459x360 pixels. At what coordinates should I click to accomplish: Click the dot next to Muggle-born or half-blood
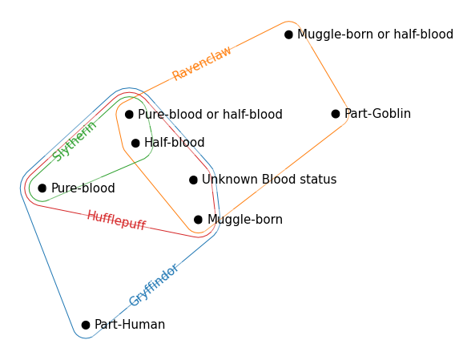pos(288,34)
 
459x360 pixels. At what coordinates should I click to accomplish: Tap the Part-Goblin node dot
pos(336,114)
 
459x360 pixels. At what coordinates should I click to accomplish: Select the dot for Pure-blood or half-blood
pos(129,115)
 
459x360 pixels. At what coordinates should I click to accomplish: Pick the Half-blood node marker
pos(135,144)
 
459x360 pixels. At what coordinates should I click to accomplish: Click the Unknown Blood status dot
pos(193,180)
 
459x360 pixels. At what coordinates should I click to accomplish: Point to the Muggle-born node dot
pos(198,220)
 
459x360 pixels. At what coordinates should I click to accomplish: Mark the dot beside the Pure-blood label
pos(42,188)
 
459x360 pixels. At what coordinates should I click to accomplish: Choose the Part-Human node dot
pos(86,325)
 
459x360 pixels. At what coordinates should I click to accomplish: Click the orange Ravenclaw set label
pos(202,63)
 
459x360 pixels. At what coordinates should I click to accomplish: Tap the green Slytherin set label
pos(74,141)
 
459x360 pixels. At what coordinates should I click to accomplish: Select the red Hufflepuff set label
pos(116,220)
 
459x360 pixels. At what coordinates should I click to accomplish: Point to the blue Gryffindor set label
pos(153,285)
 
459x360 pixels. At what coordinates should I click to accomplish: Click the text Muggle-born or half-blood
pos(375,34)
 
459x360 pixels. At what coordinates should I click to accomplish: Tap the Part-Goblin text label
pos(377,114)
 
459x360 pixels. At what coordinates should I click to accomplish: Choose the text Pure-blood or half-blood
pos(210,115)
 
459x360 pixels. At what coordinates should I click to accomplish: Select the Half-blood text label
pos(175,144)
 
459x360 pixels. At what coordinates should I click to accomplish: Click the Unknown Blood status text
pos(269,180)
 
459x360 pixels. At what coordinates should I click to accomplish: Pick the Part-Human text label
pos(130,325)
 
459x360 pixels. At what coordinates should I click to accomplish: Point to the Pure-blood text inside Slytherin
pos(83,188)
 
